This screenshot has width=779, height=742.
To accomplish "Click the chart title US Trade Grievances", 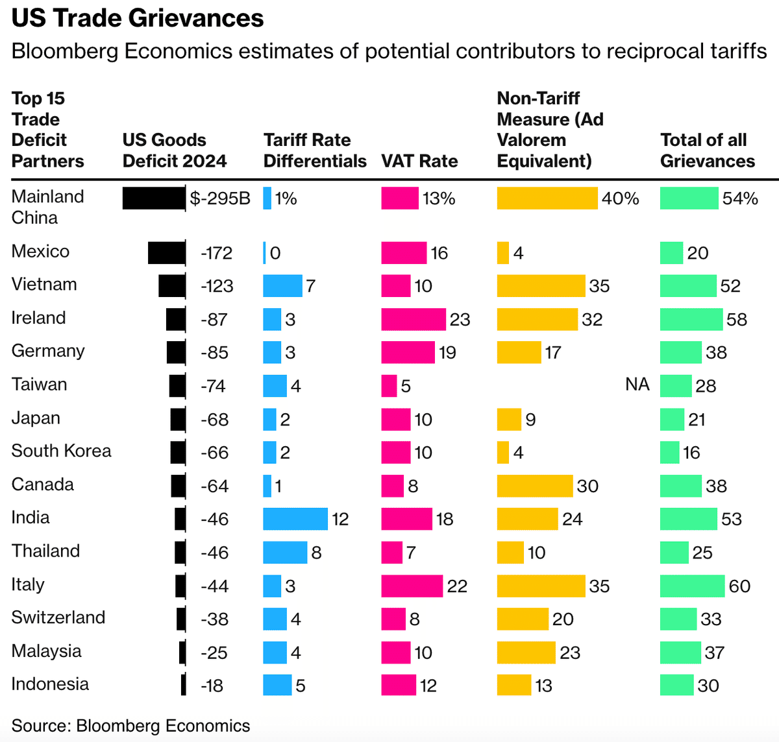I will click(x=138, y=18).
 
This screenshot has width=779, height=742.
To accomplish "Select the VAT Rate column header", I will click(x=419, y=161).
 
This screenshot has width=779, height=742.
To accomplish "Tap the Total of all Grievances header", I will click(x=707, y=150).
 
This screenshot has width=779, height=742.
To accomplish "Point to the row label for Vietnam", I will click(x=44, y=285).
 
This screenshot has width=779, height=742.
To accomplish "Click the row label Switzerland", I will click(x=58, y=617).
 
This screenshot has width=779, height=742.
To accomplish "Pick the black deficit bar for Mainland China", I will click(x=154, y=198).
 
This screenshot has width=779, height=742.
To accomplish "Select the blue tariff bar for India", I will click(x=295, y=519).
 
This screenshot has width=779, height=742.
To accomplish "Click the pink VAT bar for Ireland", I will click(x=414, y=319).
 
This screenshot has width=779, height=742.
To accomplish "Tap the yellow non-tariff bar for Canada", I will click(x=535, y=486).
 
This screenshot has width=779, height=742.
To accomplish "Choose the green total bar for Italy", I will click(x=692, y=586).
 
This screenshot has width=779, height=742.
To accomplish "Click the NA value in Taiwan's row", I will click(x=637, y=385).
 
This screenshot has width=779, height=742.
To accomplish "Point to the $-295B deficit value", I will click(x=220, y=198).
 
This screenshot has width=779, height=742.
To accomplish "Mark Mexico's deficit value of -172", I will click(x=216, y=253).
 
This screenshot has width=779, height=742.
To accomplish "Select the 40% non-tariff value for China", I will click(x=620, y=198).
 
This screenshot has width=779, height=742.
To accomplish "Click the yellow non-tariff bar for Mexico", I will click(x=503, y=253).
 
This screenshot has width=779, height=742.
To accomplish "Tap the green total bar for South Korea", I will click(x=669, y=453).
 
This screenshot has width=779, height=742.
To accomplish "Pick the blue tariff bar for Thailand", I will click(x=285, y=553).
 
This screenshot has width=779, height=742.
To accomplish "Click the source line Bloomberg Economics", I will click(x=130, y=726).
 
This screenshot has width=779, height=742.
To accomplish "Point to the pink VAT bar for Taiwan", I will click(x=389, y=386).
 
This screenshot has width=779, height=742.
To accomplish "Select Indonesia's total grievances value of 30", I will click(x=708, y=686).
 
